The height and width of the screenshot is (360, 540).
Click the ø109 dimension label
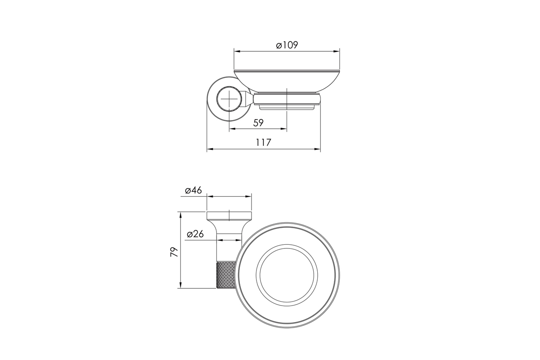[287, 45]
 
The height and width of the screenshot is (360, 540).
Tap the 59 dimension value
[258, 123]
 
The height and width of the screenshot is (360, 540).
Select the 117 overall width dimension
[264, 143]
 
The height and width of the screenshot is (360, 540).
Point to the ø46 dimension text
[193, 190]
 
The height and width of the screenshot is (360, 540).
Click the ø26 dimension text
[195, 234]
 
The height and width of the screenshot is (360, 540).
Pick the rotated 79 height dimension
[174, 252]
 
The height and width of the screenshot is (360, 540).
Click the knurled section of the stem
[226, 275]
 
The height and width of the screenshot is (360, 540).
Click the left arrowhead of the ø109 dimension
[238, 51]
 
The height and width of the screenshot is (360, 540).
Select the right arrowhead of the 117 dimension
[317, 149]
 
